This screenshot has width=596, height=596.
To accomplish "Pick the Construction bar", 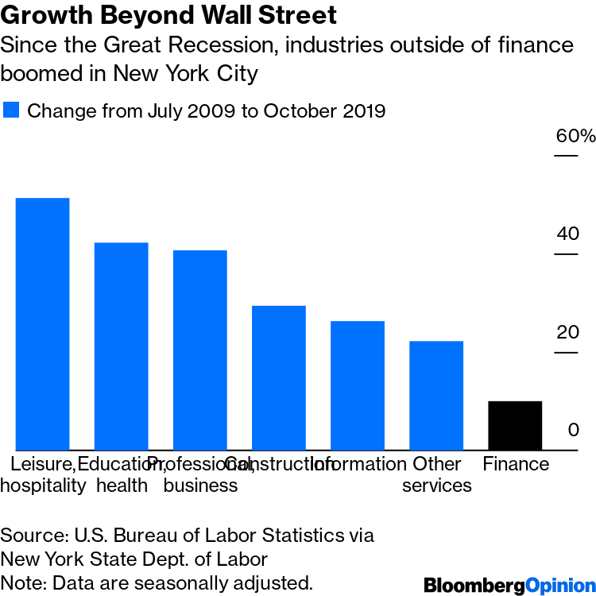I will (278, 377).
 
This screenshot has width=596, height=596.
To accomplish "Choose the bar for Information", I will (357, 385).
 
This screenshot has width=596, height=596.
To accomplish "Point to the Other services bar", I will (435, 395).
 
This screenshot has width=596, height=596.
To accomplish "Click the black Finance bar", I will (514, 425).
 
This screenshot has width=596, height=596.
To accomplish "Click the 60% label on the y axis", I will (575, 136).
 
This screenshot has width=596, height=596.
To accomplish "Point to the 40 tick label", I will (567, 234).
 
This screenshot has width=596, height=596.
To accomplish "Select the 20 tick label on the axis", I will (567, 332).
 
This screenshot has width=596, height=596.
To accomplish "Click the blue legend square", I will (11, 110).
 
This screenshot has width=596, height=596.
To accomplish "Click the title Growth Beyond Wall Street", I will (168, 15).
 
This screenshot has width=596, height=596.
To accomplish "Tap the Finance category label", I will (516, 464).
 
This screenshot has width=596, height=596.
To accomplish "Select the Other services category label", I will (436, 474).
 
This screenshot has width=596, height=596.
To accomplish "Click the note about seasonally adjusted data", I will (156, 582).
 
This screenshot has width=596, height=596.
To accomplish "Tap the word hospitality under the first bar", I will (42, 485).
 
